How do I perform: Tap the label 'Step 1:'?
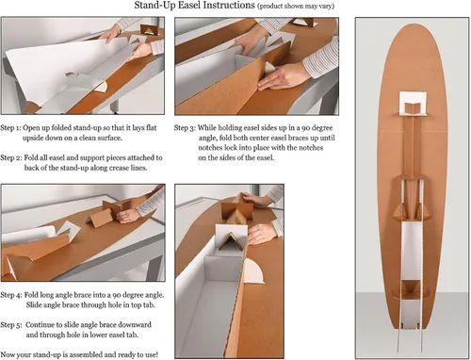(10, 128)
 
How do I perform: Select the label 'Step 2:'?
(11, 157)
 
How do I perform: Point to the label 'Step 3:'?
(185, 128)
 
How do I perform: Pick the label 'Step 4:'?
(11, 295)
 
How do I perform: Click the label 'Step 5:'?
(11, 325)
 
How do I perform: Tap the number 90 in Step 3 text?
(305, 128)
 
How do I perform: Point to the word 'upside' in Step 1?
(33, 139)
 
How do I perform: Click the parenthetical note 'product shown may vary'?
(296, 7)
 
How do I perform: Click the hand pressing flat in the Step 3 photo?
(280, 78)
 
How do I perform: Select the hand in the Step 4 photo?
(128, 216)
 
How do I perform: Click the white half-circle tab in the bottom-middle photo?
(254, 270)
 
